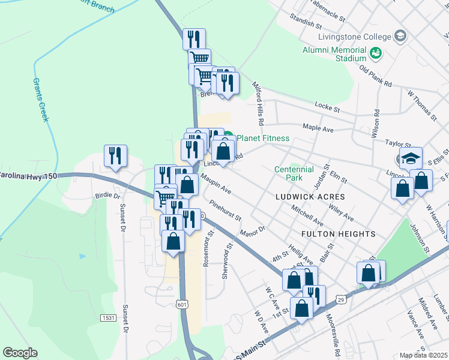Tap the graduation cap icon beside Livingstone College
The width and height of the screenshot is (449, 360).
tap(399, 37)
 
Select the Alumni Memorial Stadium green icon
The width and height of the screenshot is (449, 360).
tap(376, 53)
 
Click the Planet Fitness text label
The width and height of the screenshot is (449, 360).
tap(263, 139)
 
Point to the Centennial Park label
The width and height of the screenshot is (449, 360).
tap(294, 174)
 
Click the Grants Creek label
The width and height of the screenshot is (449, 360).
tap(40, 100)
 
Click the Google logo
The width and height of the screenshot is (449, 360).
tap(20, 353)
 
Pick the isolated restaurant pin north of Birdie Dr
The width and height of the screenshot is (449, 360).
tap(115, 155)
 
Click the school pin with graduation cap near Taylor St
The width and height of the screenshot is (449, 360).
tap(411, 158)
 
